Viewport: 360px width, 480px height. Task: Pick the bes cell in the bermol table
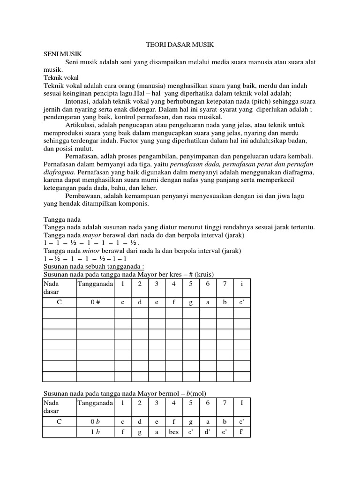point(173,432)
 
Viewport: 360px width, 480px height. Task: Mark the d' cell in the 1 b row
point(207,432)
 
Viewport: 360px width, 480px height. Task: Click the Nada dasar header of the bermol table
point(52,406)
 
